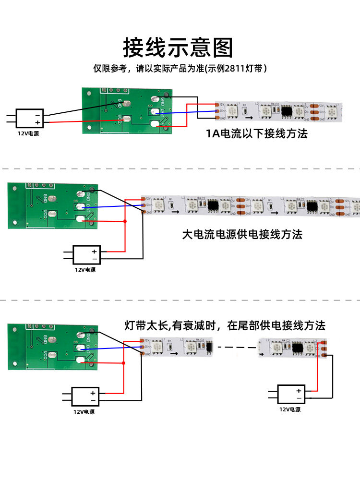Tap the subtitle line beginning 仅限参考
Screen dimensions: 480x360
[180, 69]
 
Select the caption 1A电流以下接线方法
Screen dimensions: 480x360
[257, 133]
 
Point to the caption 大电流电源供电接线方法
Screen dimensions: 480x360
[242, 235]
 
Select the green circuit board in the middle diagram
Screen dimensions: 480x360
[53, 206]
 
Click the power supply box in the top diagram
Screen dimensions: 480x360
[30, 118]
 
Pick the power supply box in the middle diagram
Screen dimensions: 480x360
[86, 254]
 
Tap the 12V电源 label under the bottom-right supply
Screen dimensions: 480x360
[290, 409]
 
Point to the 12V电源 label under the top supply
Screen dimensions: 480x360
[28, 133]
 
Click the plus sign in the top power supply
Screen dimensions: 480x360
[37, 122]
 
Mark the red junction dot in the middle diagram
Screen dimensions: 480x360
[125, 221]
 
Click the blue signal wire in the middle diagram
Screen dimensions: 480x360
[115, 206]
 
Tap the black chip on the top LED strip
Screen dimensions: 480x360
[287, 110]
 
